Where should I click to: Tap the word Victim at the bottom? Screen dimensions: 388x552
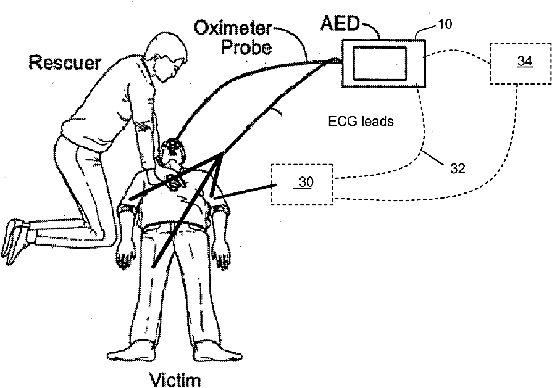(x=176, y=378)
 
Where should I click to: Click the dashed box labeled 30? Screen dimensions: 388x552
(x=301, y=183)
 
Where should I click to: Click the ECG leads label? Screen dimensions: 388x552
(x=361, y=122)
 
